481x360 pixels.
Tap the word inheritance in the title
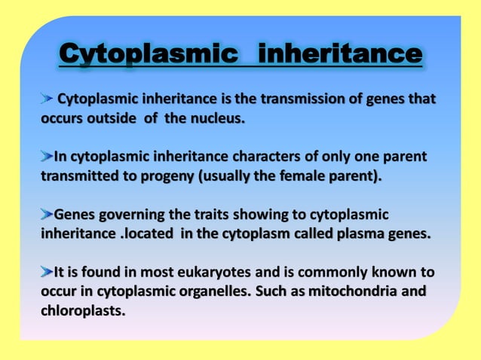pos(339,54)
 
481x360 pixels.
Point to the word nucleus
pos(219,118)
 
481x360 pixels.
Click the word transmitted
pos(78,176)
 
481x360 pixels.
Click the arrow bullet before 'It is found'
pos(47,271)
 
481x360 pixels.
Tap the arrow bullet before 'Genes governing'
pos(47,214)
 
